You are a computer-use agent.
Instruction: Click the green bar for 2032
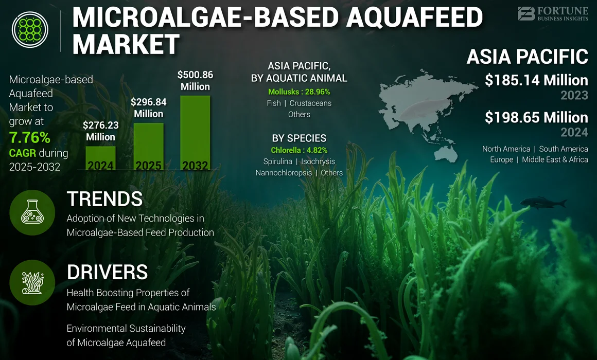point(195,133)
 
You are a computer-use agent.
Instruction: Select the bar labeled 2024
point(100,158)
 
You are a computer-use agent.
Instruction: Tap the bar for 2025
point(149,146)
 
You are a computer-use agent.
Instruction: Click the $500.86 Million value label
point(195,81)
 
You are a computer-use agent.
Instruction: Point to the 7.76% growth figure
point(30,137)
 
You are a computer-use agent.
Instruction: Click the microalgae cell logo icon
point(30,29)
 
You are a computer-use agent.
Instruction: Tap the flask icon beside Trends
point(32,212)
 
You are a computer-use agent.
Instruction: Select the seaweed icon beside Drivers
point(32,282)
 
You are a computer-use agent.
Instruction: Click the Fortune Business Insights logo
point(553,14)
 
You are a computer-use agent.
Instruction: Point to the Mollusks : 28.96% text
point(299,92)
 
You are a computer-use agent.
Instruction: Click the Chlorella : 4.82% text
point(299,150)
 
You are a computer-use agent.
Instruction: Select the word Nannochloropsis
point(284,173)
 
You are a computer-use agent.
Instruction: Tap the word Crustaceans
point(310,103)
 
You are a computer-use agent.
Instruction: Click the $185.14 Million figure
point(536,80)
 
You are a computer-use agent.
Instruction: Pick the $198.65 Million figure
point(536,118)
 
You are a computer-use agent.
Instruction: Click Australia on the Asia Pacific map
point(446,153)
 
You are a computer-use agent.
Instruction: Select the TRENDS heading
point(104,199)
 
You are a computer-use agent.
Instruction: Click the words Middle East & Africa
point(555,159)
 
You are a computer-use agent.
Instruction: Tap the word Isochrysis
point(318,161)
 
